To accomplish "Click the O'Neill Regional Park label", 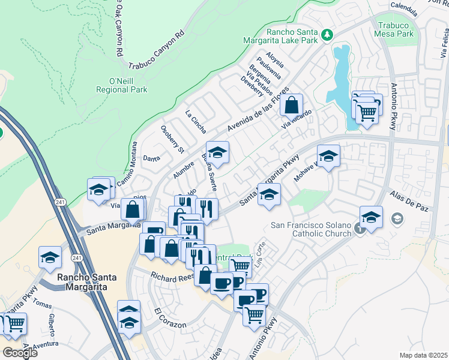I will coord(121,85).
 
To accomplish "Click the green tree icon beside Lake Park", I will coord(327,35).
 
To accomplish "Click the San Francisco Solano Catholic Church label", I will coord(312,230).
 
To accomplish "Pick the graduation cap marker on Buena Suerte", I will coord(217,154).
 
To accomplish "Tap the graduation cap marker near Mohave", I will coord(328,157).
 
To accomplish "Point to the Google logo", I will coord(19,352).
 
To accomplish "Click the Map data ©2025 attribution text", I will coord(423,355).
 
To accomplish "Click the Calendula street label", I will coord(403,8).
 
